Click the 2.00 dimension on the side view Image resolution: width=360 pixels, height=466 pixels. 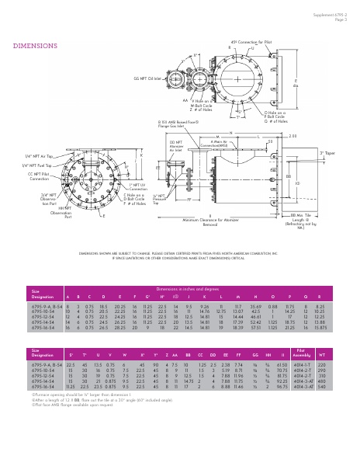[314, 135]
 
